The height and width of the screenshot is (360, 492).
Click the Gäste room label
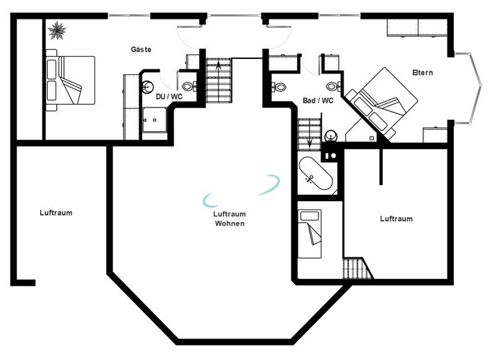[141, 49]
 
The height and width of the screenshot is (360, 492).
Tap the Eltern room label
[423, 73]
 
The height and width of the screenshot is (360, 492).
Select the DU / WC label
[169, 96]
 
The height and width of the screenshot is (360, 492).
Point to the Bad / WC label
[318, 101]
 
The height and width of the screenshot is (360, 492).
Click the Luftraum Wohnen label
[230, 218]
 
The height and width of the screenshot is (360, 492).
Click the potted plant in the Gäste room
[57, 31]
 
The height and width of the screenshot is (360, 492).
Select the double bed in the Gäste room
[70, 80]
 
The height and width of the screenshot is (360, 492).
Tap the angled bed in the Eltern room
[380, 103]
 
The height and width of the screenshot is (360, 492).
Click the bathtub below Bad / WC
[315, 173]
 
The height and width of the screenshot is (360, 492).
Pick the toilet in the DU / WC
[189, 86]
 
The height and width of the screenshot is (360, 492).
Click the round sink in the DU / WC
[147, 87]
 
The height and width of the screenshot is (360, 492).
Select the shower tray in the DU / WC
[155, 120]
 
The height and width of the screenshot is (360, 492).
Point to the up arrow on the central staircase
[219, 66]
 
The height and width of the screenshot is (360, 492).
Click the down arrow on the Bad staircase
[309, 142]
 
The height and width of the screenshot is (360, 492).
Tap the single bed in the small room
[309, 234]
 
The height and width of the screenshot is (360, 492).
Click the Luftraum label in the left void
[56, 213]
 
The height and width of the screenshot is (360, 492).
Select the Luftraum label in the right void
[396, 219]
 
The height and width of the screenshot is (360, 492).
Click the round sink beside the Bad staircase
[330, 136]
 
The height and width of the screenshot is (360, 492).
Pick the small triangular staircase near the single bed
[357, 268]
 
